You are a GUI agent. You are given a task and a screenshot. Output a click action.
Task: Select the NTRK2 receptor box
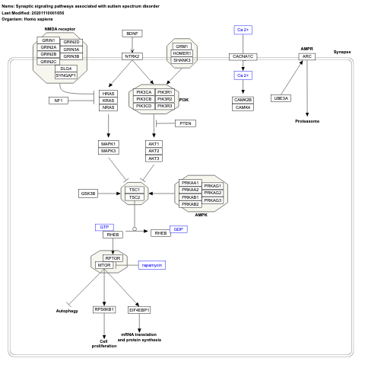click(133, 56)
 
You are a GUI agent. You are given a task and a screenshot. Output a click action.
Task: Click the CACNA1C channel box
click(243, 56)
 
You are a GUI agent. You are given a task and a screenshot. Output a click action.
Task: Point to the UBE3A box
click(281, 99)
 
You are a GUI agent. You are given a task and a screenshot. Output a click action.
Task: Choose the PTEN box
click(186, 123)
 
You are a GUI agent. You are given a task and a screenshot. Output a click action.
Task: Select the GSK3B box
click(88, 194)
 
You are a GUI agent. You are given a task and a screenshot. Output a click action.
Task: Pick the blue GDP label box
click(178, 229)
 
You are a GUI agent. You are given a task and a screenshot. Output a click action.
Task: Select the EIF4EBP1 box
click(139, 310)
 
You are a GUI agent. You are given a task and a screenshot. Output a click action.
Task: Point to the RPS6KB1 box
click(104, 309)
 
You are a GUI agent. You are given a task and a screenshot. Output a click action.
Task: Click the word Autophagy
click(67, 311)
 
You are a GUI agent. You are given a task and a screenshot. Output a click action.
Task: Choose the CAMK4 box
click(243, 107)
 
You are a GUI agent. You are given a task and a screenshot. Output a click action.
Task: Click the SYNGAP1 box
click(66, 75)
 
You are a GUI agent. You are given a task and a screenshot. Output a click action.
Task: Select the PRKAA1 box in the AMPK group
click(190, 184)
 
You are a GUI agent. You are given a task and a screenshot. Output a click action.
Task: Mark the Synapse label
click(342, 53)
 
